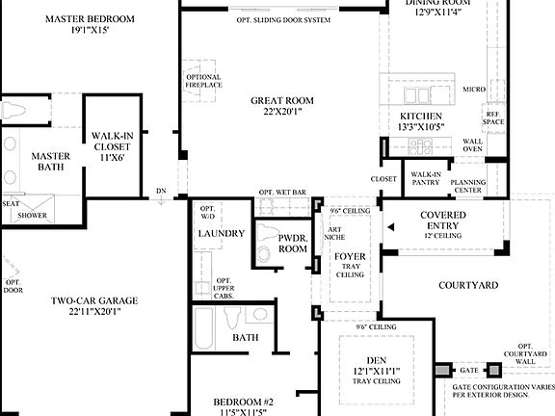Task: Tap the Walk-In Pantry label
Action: [426, 178]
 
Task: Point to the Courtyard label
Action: [468, 285]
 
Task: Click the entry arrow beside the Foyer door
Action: [390, 228]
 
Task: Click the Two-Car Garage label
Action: [94, 305]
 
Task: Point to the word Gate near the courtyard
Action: [469, 370]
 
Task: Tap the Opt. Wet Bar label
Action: [282, 193]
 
